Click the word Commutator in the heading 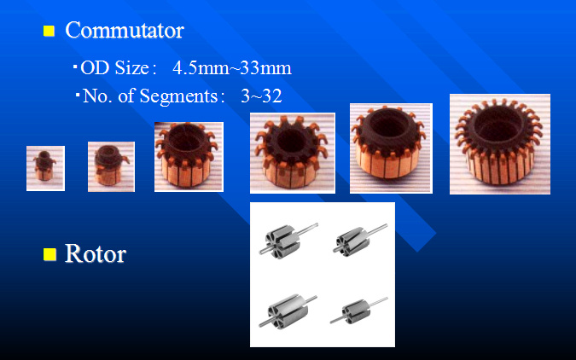[125, 30]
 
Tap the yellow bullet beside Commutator [49, 31]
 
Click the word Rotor [96, 253]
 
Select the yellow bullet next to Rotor [49, 254]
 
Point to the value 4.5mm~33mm [232, 68]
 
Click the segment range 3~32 [262, 96]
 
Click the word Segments [179, 96]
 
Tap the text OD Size [114, 68]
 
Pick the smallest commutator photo [45, 168]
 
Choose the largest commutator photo [500, 144]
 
